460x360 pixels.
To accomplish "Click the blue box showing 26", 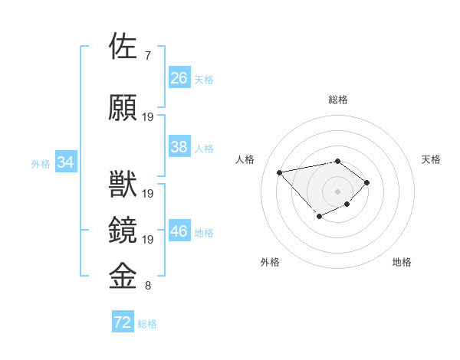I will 179,77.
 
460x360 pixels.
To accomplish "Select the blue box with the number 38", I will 179,147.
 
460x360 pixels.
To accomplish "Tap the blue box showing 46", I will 179,231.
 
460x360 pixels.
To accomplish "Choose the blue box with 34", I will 66,162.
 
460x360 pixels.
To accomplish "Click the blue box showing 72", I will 123,322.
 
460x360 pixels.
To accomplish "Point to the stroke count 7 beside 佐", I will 147,56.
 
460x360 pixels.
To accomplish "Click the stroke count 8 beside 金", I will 147,286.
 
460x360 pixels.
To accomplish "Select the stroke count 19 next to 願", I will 148,117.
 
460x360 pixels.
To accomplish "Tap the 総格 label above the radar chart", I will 337,100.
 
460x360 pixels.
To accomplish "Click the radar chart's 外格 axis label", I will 270,262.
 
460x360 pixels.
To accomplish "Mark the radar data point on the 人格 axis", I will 280,172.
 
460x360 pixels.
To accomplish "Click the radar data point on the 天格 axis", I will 367,182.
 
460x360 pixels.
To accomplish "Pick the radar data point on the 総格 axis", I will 337,161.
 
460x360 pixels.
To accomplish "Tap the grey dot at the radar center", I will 337,191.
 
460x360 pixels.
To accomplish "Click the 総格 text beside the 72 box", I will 147,324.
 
